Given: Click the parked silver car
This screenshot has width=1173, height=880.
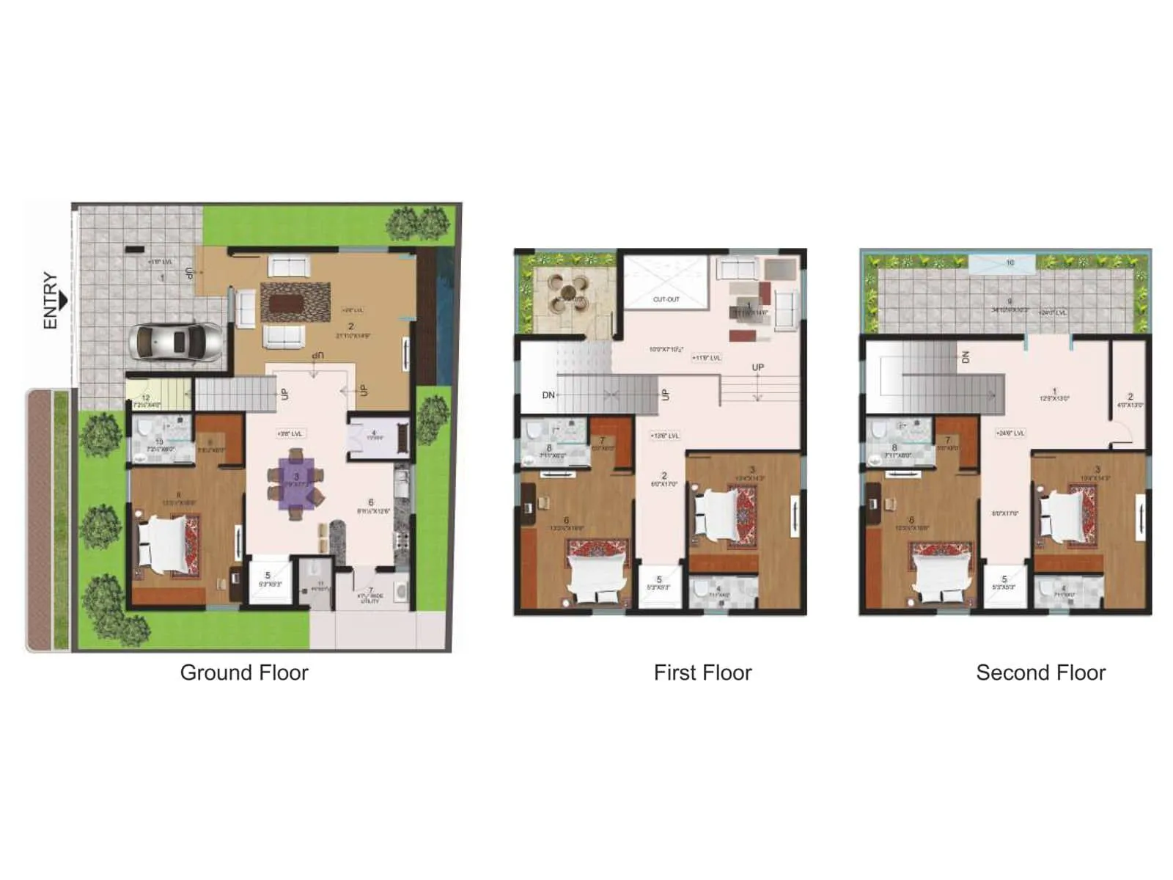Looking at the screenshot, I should [177, 342].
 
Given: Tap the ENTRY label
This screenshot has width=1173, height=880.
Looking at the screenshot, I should [50, 301].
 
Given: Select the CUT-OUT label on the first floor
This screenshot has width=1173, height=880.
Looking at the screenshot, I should [666, 299].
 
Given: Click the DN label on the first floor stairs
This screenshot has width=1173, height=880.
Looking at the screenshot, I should [548, 395].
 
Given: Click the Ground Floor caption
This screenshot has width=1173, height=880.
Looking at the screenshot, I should [244, 672].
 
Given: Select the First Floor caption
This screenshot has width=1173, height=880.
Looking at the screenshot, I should [702, 672].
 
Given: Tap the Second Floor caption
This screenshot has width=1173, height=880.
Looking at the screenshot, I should [1040, 672].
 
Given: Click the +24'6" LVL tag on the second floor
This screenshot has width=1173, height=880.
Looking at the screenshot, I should [1010, 433].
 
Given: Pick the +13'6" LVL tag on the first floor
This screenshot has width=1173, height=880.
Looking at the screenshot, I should [665, 436].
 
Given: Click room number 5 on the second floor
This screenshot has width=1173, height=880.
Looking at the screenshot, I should [1004, 579].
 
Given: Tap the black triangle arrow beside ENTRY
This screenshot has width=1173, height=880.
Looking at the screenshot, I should [64, 301].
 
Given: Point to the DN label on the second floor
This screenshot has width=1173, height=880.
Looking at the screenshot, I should [965, 357].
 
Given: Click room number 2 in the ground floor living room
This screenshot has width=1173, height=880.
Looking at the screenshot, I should [351, 326].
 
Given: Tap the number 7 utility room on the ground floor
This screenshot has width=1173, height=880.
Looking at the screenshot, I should [371, 590].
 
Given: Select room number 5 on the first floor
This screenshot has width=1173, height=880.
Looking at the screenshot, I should [659, 579].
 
